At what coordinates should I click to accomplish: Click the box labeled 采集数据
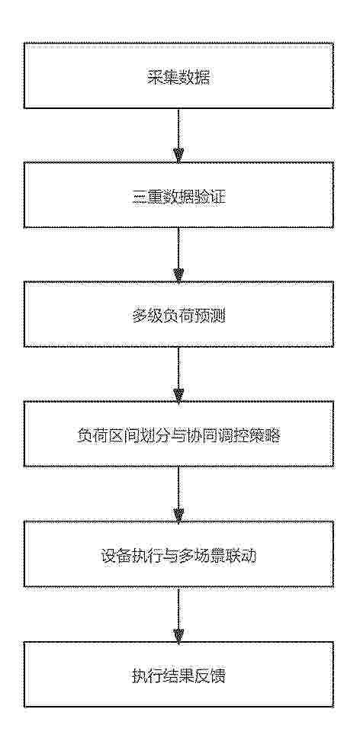tap(178, 75)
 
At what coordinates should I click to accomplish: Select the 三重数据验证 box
tap(178, 195)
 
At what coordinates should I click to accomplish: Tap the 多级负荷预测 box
tap(178, 314)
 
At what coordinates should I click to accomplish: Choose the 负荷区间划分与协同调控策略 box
tap(178, 434)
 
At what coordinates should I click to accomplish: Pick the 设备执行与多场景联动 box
tap(178, 553)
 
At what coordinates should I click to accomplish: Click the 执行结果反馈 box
tap(178, 673)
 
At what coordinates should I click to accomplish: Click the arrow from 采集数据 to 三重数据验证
tap(178, 136)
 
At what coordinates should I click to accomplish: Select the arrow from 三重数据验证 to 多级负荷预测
tap(178, 255)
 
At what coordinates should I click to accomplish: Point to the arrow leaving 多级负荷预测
tap(178, 374)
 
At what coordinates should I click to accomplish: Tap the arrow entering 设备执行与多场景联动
tap(178, 494)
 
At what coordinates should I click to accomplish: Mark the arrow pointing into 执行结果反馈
tap(178, 614)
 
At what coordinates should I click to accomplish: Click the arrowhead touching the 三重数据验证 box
tap(178, 156)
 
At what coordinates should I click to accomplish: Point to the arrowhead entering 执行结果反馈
tap(178, 635)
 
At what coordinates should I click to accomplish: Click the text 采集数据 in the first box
tap(178, 77)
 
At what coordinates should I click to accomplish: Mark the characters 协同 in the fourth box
tap(203, 436)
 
